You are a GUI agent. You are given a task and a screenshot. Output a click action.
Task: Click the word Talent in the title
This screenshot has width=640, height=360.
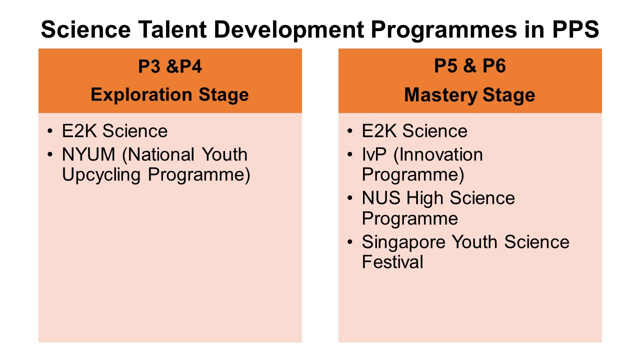click(x=172, y=29)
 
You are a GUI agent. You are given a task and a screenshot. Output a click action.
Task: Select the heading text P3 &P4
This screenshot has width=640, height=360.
click(x=170, y=66)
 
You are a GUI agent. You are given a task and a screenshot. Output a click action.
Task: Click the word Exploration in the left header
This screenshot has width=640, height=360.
click(x=141, y=94)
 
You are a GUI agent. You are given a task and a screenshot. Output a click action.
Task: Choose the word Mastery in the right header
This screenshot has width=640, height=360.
click(x=440, y=95)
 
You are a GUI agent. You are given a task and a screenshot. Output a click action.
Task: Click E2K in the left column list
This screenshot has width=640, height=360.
click(x=79, y=131)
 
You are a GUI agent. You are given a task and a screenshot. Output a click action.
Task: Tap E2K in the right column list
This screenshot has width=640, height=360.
click(x=379, y=131)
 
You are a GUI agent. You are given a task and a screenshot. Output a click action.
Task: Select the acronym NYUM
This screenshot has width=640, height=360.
click(x=88, y=154)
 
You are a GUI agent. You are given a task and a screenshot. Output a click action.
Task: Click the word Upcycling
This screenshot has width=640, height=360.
click(x=101, y=174)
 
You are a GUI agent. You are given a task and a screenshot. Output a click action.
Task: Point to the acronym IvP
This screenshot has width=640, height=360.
click(x=374, y=154)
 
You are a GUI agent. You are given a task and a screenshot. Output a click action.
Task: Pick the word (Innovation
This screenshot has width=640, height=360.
click(x=438, y=154)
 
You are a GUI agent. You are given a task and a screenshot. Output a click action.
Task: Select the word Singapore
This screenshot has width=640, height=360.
click(x=403, y=242)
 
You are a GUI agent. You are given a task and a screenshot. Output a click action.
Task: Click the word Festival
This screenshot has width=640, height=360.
click(x=392, y=262)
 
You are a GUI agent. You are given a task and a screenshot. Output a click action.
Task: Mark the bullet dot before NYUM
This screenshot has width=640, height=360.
click(x=50, y=154)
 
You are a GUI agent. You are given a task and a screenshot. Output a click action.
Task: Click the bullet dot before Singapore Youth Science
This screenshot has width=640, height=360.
click(x=350, y=242)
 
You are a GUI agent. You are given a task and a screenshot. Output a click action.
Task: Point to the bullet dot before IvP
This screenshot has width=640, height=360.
click(x=350, y=154)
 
